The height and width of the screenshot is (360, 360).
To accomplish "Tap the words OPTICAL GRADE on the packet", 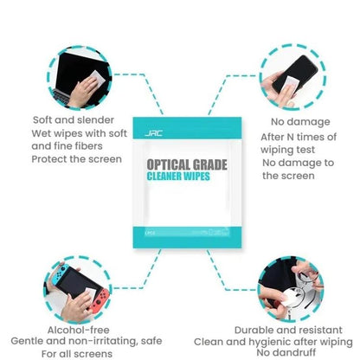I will pos(179,163).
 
